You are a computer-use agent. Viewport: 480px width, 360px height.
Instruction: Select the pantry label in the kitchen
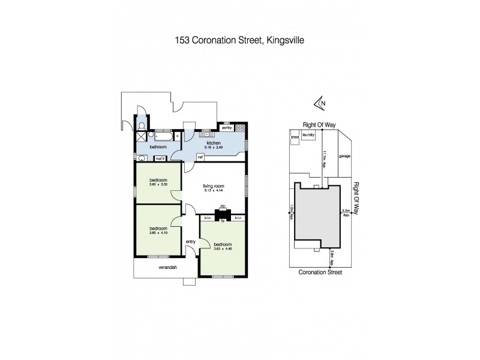tap(227, 128)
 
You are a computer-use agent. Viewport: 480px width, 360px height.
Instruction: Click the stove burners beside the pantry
tap(241, 128)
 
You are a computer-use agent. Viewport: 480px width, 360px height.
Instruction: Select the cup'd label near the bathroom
tap(160, 158)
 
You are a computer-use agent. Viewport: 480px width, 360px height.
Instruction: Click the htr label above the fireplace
tap(222, 206)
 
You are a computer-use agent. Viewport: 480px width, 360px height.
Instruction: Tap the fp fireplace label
tap(222, 220)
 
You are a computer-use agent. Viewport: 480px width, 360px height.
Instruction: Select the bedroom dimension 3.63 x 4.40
tap(223, 249)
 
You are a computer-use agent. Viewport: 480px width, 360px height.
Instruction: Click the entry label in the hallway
tap(191, 241)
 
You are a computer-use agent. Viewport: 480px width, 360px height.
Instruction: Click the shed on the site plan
tap(295, 137)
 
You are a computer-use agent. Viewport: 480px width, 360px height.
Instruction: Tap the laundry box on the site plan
tap(309, 136)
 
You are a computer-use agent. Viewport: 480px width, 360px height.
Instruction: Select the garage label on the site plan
tap(344, 156)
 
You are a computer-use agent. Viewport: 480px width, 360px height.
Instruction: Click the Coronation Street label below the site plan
tap(320, 272)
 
